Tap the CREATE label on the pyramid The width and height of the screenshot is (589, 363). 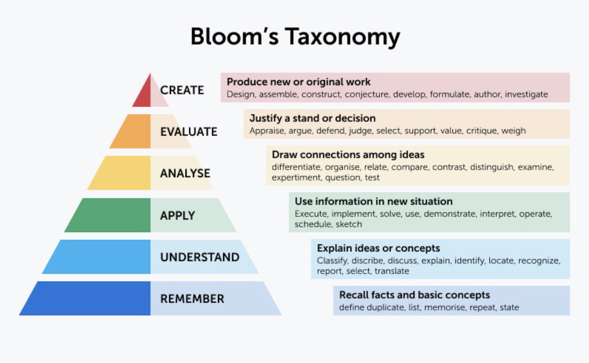point(182,90)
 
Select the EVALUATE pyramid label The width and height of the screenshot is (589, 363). point(189,132)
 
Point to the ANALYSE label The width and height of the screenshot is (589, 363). point(185,173)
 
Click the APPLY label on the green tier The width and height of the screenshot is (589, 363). point(178,216)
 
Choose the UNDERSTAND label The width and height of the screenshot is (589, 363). point(200,257)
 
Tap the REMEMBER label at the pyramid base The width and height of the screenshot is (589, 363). point(192,299)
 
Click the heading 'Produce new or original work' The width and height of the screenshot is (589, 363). point(299,82)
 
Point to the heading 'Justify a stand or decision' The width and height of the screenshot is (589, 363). point(312,119)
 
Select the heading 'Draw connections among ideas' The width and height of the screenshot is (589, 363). point(348,155)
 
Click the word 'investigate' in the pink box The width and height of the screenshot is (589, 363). point(526,94)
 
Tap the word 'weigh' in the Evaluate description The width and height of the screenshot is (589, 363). point(513,131)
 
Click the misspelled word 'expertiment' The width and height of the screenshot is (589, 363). point(296,177)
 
